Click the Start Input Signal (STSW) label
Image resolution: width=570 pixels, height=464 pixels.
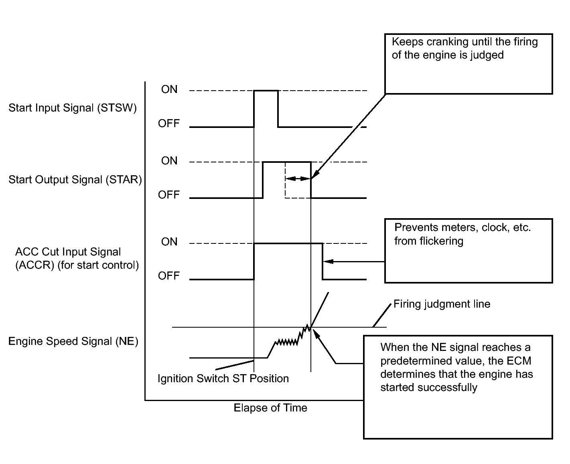73,108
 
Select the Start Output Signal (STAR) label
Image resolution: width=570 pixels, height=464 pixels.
75,180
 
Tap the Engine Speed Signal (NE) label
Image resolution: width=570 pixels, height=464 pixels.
73,341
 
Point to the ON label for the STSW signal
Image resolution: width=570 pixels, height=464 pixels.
169,89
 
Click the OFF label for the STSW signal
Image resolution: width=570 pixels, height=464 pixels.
168,124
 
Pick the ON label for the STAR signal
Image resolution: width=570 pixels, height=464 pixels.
169,161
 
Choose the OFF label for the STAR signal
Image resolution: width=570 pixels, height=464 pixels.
168,195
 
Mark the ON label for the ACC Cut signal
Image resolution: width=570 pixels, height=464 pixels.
169,242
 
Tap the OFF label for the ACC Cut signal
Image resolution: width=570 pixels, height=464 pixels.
168,276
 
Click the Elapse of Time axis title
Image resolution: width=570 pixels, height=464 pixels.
270,408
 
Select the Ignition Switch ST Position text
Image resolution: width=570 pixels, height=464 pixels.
223,379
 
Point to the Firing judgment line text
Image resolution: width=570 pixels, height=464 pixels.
442,304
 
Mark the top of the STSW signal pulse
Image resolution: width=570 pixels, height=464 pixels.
266,91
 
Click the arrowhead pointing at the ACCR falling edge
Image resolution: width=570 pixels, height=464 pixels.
329,261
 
